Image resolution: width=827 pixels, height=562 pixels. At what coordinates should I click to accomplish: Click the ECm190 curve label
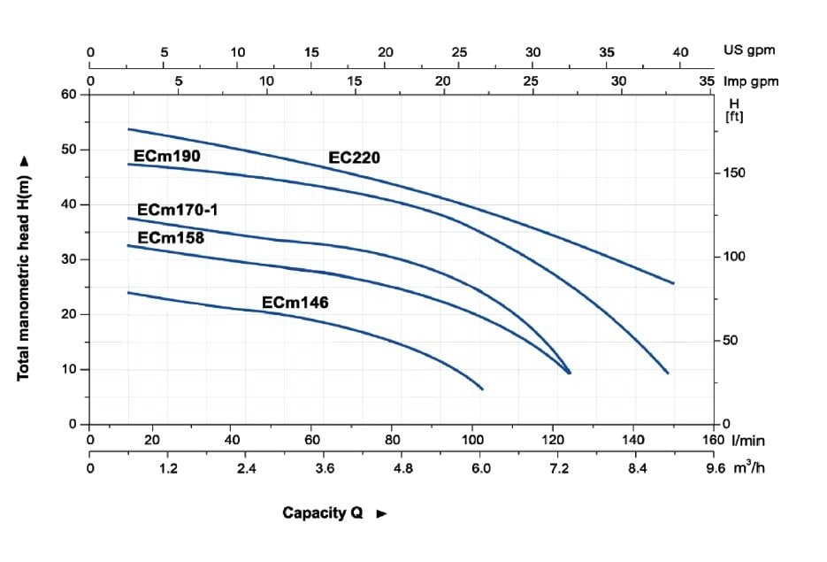(x=167, y=157)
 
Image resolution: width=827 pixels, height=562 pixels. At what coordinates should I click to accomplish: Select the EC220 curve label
(x=354, y=158)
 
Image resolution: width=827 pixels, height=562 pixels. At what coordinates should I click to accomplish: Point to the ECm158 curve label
(x=171, y=237)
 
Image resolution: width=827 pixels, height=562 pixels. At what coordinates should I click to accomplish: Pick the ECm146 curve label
(x=295, y=303)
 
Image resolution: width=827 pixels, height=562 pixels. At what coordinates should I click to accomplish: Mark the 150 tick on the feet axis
(x=735, y=173)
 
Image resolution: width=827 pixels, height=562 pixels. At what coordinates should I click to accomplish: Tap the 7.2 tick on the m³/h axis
(x=560, y=468)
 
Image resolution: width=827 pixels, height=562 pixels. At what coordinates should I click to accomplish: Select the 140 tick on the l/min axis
(x=633, y=440)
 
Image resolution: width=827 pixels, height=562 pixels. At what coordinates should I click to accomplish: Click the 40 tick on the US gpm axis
(x=680, y=51)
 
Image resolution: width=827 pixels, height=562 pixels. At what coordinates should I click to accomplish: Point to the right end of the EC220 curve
(x=673, y=283)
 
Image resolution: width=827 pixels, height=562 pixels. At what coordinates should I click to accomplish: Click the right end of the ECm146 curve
(x=482, y=389)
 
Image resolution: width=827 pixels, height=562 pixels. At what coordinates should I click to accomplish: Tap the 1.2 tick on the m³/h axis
(x=168, y=468)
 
